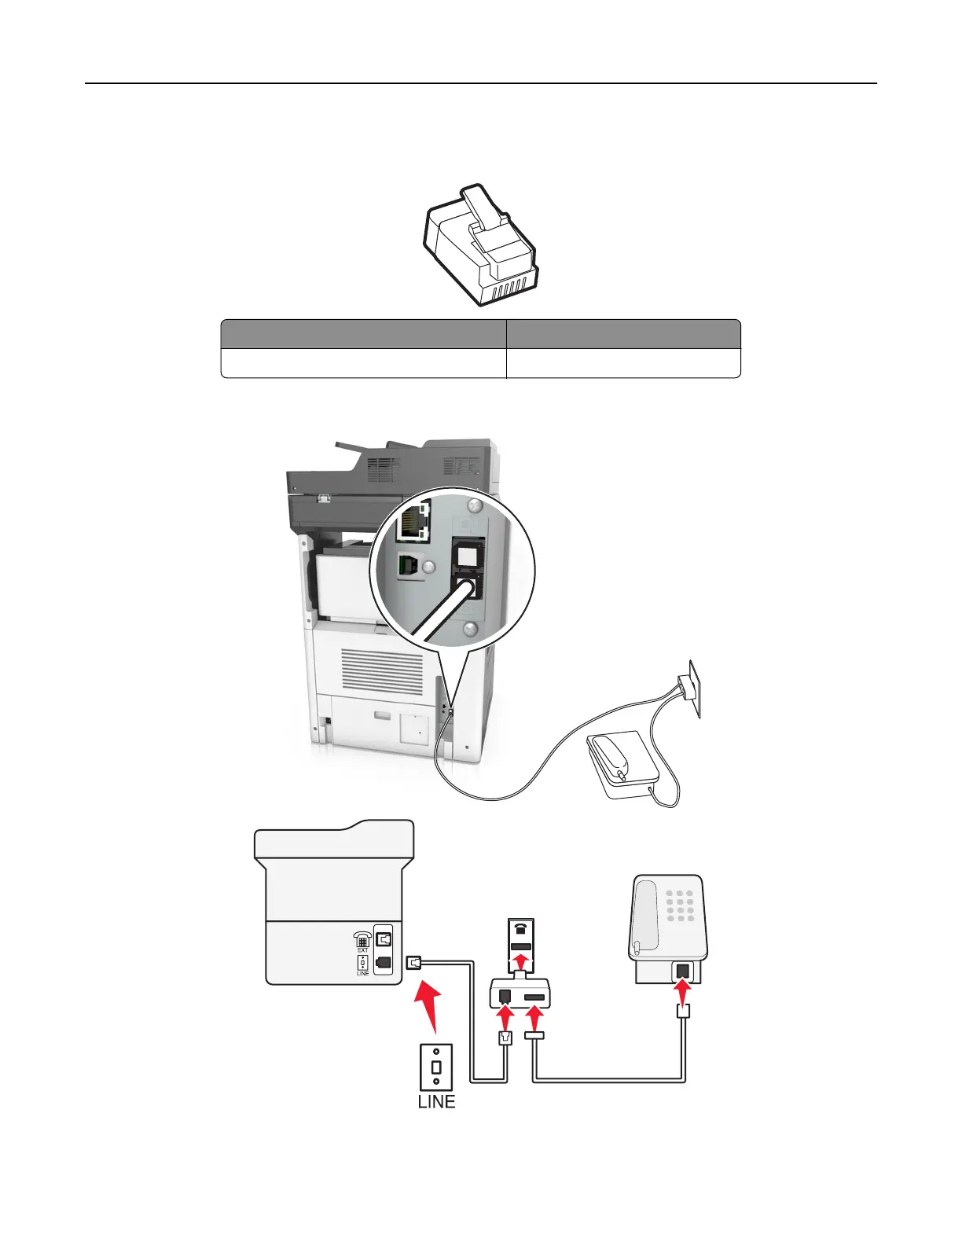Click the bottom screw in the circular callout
point(470,627)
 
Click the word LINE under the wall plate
point(436,1101)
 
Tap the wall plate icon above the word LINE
point(436,1067)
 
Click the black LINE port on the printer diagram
point(384,961)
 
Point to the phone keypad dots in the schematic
point(681,905)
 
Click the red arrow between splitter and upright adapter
point(521,962)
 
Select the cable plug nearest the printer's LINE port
point(416,962)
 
